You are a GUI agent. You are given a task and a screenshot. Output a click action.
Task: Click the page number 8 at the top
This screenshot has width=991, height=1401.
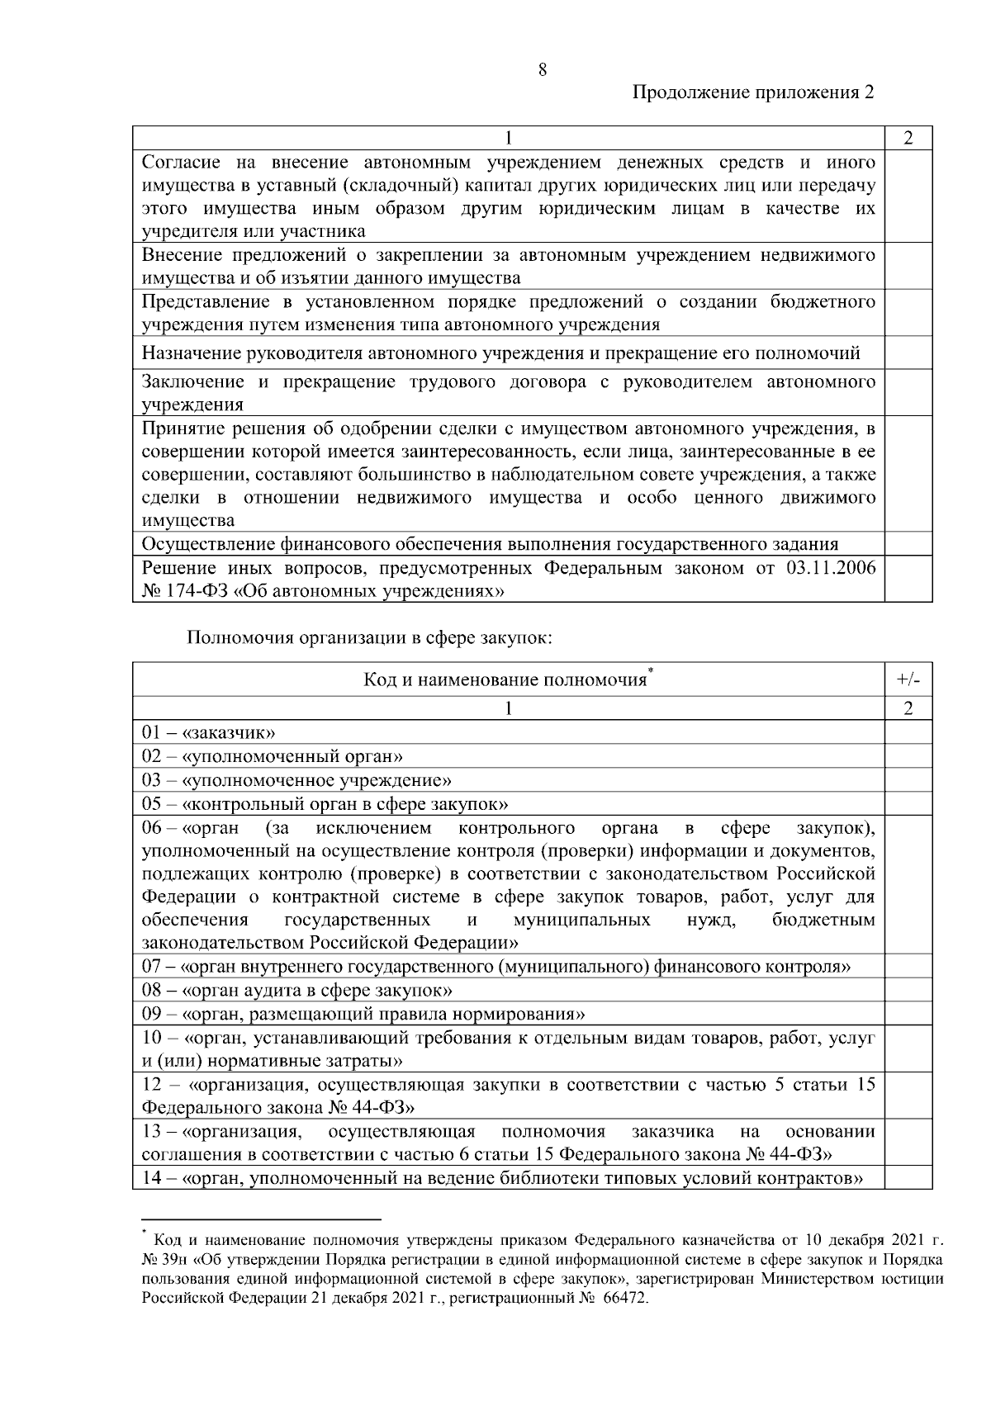coord(543,69)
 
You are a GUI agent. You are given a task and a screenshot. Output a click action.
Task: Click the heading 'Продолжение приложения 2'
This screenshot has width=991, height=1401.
coord(752,92)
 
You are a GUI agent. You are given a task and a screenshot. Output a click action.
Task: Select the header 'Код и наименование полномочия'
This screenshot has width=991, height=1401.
coord(505,680)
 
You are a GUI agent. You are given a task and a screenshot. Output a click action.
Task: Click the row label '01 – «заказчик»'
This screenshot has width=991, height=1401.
coord(208,732)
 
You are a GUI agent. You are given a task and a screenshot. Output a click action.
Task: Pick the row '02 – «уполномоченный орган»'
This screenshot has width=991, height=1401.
coord(272,756)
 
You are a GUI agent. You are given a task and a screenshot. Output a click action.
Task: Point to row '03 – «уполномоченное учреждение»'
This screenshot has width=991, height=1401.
coord(296,780)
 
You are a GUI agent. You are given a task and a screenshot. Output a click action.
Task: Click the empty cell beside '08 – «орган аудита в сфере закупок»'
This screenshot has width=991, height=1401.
coord(908,990)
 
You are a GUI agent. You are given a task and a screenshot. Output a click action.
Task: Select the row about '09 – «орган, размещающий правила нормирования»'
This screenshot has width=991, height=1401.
coord(363,1014)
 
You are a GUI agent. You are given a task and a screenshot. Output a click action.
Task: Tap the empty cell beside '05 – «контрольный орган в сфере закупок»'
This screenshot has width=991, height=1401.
coord(908,804)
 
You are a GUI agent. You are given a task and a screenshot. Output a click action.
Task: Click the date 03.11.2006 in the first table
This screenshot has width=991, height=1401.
coord(827,568)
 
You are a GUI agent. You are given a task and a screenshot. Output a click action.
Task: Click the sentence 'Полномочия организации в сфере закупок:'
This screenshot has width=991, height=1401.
coord(369,637)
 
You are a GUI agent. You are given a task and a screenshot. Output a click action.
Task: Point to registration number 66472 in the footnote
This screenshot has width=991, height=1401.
coord(626,1299)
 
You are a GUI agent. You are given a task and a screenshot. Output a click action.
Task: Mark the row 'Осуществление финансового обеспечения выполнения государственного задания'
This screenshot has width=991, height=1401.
coord(490,544)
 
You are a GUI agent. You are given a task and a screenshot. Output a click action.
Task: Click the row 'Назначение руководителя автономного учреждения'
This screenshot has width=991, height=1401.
coord(500,354)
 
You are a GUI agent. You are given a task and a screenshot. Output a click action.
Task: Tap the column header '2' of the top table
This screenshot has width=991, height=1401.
coord(908,138)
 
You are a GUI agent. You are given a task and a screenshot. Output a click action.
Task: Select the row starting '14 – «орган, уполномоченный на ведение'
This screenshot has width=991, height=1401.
coord(502,1177)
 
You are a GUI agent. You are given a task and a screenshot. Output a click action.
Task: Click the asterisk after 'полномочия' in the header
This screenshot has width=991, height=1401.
coord(651,671)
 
